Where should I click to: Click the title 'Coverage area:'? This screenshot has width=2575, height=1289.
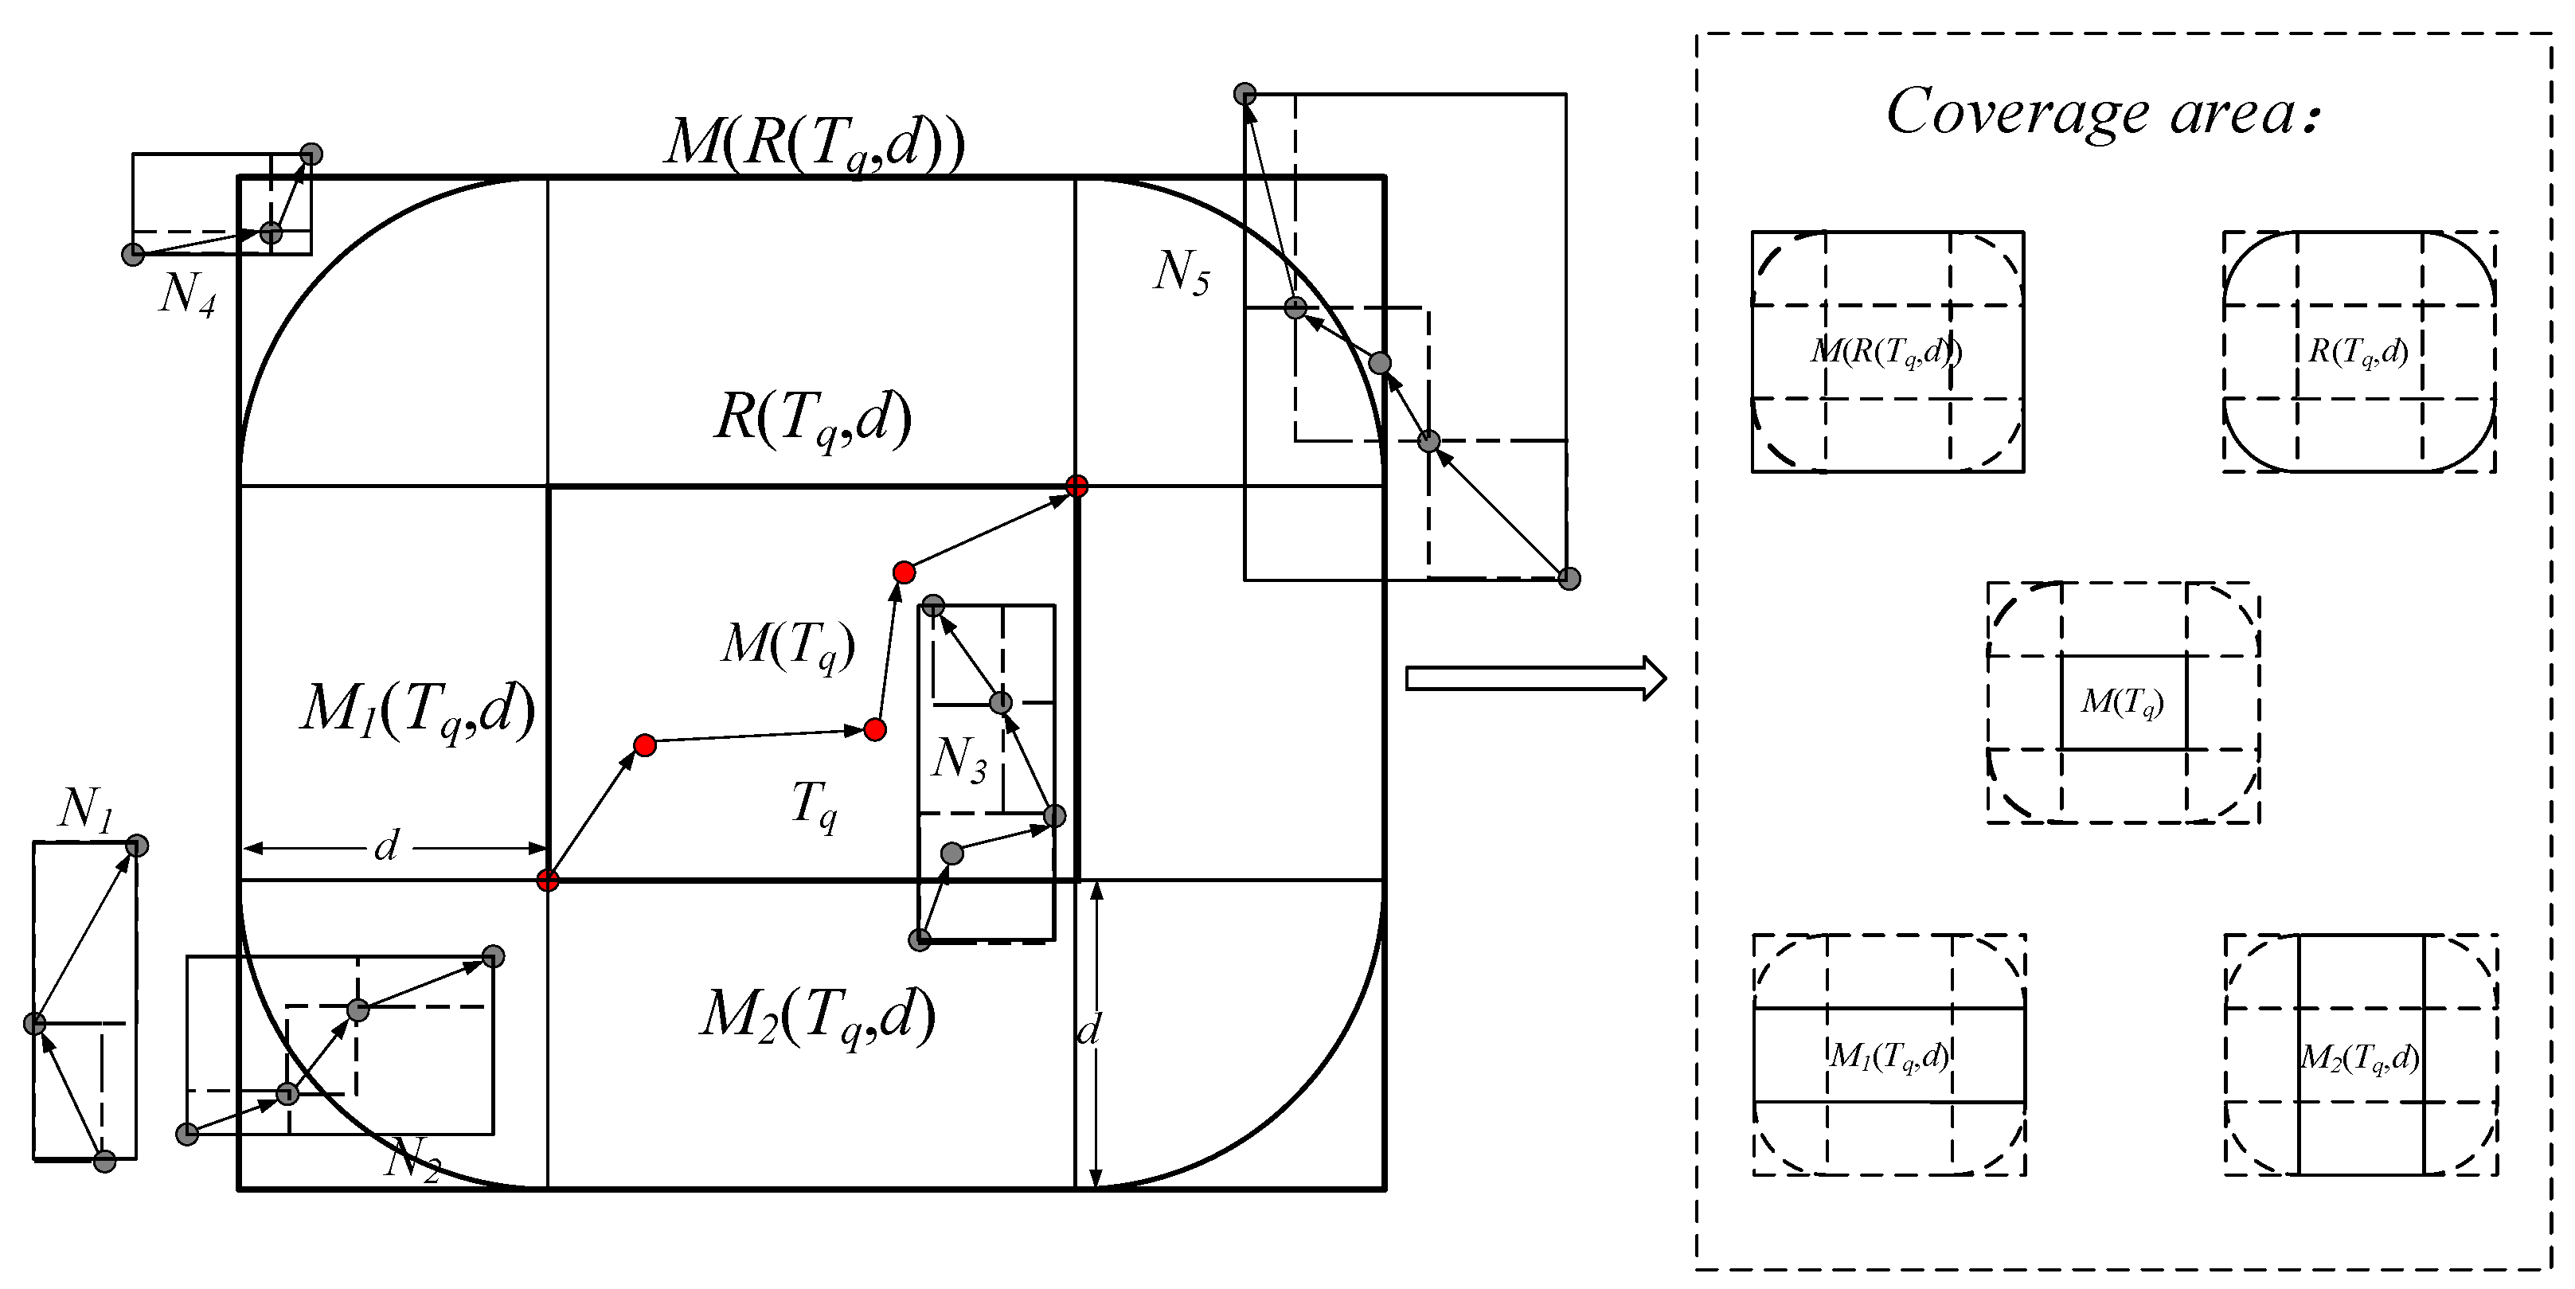[x=2099, y=112]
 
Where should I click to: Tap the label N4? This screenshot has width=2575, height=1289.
[x=187, y=294]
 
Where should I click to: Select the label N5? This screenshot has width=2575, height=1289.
[x=1181, y=271]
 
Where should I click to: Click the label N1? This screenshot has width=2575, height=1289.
[x=85, y=810]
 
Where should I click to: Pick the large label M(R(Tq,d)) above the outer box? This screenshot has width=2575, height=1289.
[x=815, y=143]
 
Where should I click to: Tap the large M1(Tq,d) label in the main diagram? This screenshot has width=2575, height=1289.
[x=418, y=712]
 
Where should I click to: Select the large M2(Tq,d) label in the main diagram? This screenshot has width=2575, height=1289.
[x=817, y=1016]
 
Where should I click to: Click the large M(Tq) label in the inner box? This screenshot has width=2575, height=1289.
[x=787, y=645]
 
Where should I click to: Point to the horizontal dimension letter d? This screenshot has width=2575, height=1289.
[x=386, y=847]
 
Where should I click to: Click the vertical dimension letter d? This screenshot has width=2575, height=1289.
[x=1088, y=1029]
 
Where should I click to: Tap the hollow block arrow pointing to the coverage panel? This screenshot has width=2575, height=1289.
[x=1534, y=678]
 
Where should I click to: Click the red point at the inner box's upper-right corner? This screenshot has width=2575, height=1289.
[x=1076, y=486]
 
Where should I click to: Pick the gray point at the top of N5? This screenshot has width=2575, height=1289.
[x=1245, y=94]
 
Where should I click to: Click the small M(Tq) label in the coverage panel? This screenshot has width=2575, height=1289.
[x=2122, y=702]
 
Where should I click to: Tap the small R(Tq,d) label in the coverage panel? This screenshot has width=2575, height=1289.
[x=2358, y=352]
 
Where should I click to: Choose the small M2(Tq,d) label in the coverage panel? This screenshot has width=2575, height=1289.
[x=2360, y=1057]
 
